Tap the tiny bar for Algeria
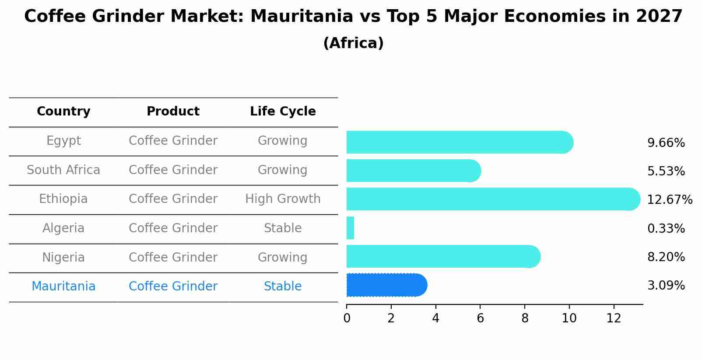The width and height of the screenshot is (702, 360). [350, 228]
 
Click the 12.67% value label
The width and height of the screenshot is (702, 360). [669, 200]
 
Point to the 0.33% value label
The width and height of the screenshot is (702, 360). [666, 228]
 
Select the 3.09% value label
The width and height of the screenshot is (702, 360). [666, 286]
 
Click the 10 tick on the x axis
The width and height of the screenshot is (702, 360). [569, 318]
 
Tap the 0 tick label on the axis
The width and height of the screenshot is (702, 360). [347, 318]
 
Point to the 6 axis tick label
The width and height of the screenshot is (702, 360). [480, 318]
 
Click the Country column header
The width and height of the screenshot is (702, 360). [63, 112]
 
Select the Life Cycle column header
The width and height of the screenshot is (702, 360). [283, 112]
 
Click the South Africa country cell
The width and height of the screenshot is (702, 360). [63, 170]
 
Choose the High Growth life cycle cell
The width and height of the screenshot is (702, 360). [283, 199]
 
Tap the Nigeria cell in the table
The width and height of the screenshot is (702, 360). [63, 257]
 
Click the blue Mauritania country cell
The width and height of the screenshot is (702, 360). [63, 287]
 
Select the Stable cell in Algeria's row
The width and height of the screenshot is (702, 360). [283, 228]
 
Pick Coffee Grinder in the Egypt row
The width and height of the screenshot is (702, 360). [173, 141]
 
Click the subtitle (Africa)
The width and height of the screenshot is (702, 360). [353, 43]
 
